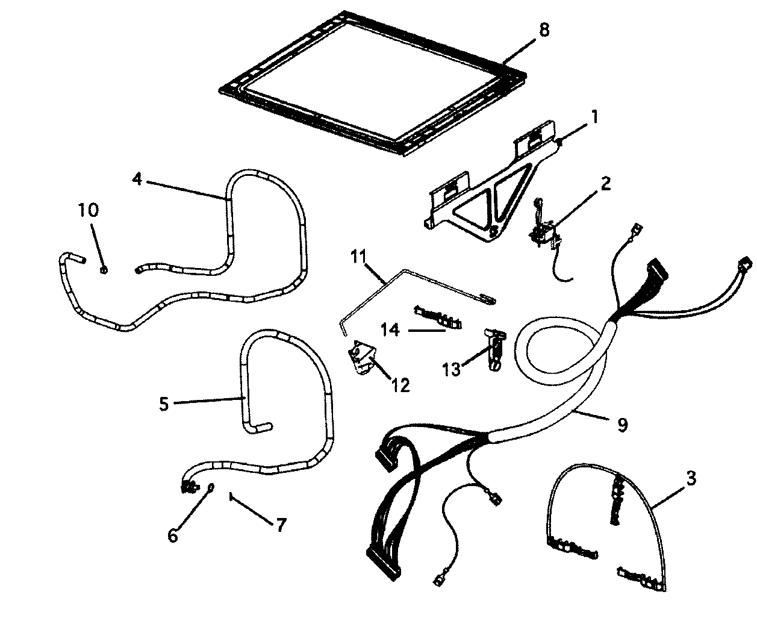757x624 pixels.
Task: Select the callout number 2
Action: click(604, 183)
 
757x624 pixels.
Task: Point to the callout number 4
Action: click(137, 179)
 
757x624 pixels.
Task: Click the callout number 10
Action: click(87, 211)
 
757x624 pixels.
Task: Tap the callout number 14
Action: click(390, 329)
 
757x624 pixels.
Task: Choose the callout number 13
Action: click(452, 369)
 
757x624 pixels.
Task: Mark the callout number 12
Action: click(399, 384)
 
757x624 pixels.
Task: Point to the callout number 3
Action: click(690, 479)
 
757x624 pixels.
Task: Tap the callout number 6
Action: click(173, 535)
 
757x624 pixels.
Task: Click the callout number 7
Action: click(281, 524)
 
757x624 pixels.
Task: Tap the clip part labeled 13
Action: click(494, 346)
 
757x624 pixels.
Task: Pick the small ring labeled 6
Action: click(210, 488)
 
